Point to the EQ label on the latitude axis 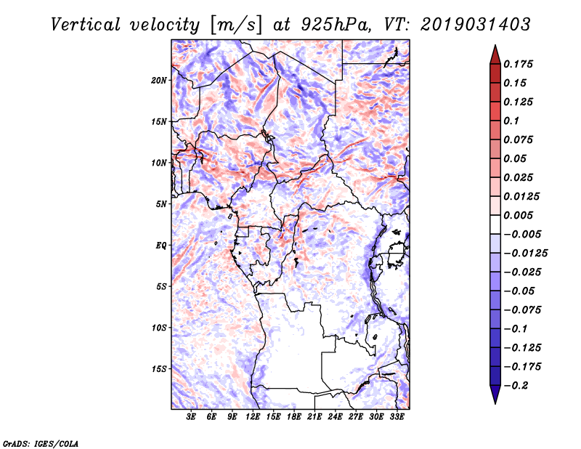[x=162, y=245]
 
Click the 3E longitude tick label [x=192, y=417]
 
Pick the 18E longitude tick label [x=294, y=417]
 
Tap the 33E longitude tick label [x=397, y=417]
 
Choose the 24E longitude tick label [x=335, y=417]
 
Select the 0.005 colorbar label [x=519, y=215]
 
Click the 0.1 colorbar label [x=513, y=121]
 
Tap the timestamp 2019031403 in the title [x=465, y=24]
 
